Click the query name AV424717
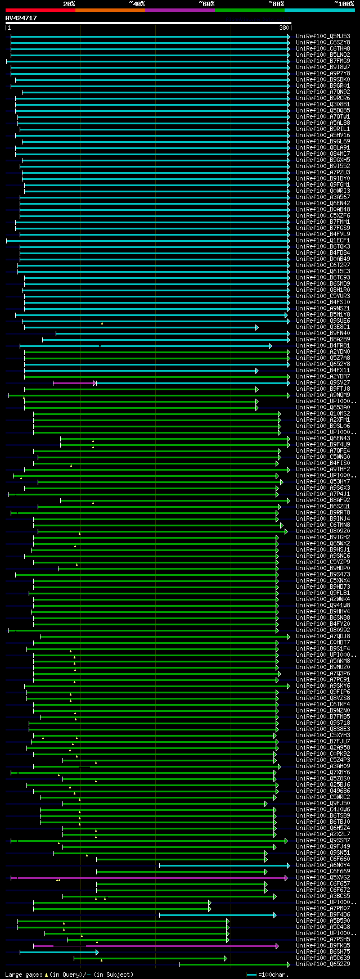click(x=21, y=18)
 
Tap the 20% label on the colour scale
click(x=69, y=4)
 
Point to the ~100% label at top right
click(x=344, y=4)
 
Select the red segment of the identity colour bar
click(x=40, y=10)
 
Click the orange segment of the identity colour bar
click(x=110, y=10)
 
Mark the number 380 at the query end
click(x=283, y=28)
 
